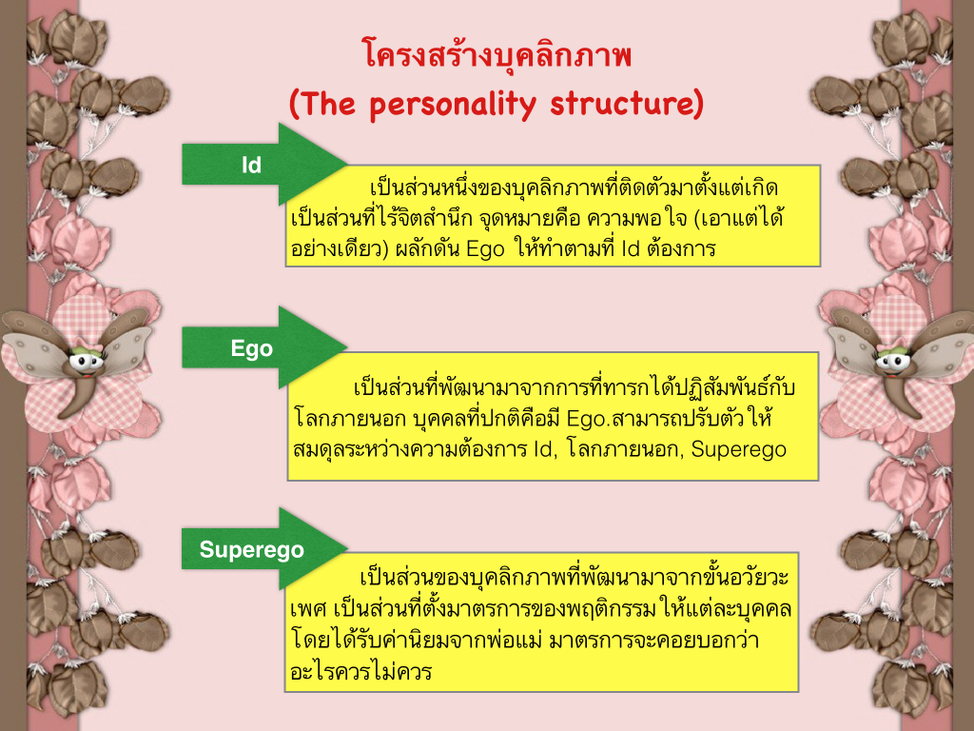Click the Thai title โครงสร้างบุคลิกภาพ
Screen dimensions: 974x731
[497, 54]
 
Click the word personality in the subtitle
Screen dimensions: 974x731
[453, 105]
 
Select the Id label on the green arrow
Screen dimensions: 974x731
[251, 166]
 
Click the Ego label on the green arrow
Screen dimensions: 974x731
[251, 348]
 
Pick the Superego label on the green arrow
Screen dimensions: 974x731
[251, 550]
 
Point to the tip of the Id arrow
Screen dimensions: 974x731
[347, 164]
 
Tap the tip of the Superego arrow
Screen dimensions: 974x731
[347, 548]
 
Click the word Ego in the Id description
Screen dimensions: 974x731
[485, 250]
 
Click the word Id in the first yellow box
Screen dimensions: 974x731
[630, 248]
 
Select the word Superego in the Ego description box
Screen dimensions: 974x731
[738, 449]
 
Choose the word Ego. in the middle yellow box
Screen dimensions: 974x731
[587, 420]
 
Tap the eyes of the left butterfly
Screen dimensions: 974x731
[86, 361]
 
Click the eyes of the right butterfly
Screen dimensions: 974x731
[892, 360]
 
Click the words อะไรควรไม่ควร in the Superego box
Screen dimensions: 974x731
[360, 672]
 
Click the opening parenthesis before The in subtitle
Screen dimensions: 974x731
[296, 105]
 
